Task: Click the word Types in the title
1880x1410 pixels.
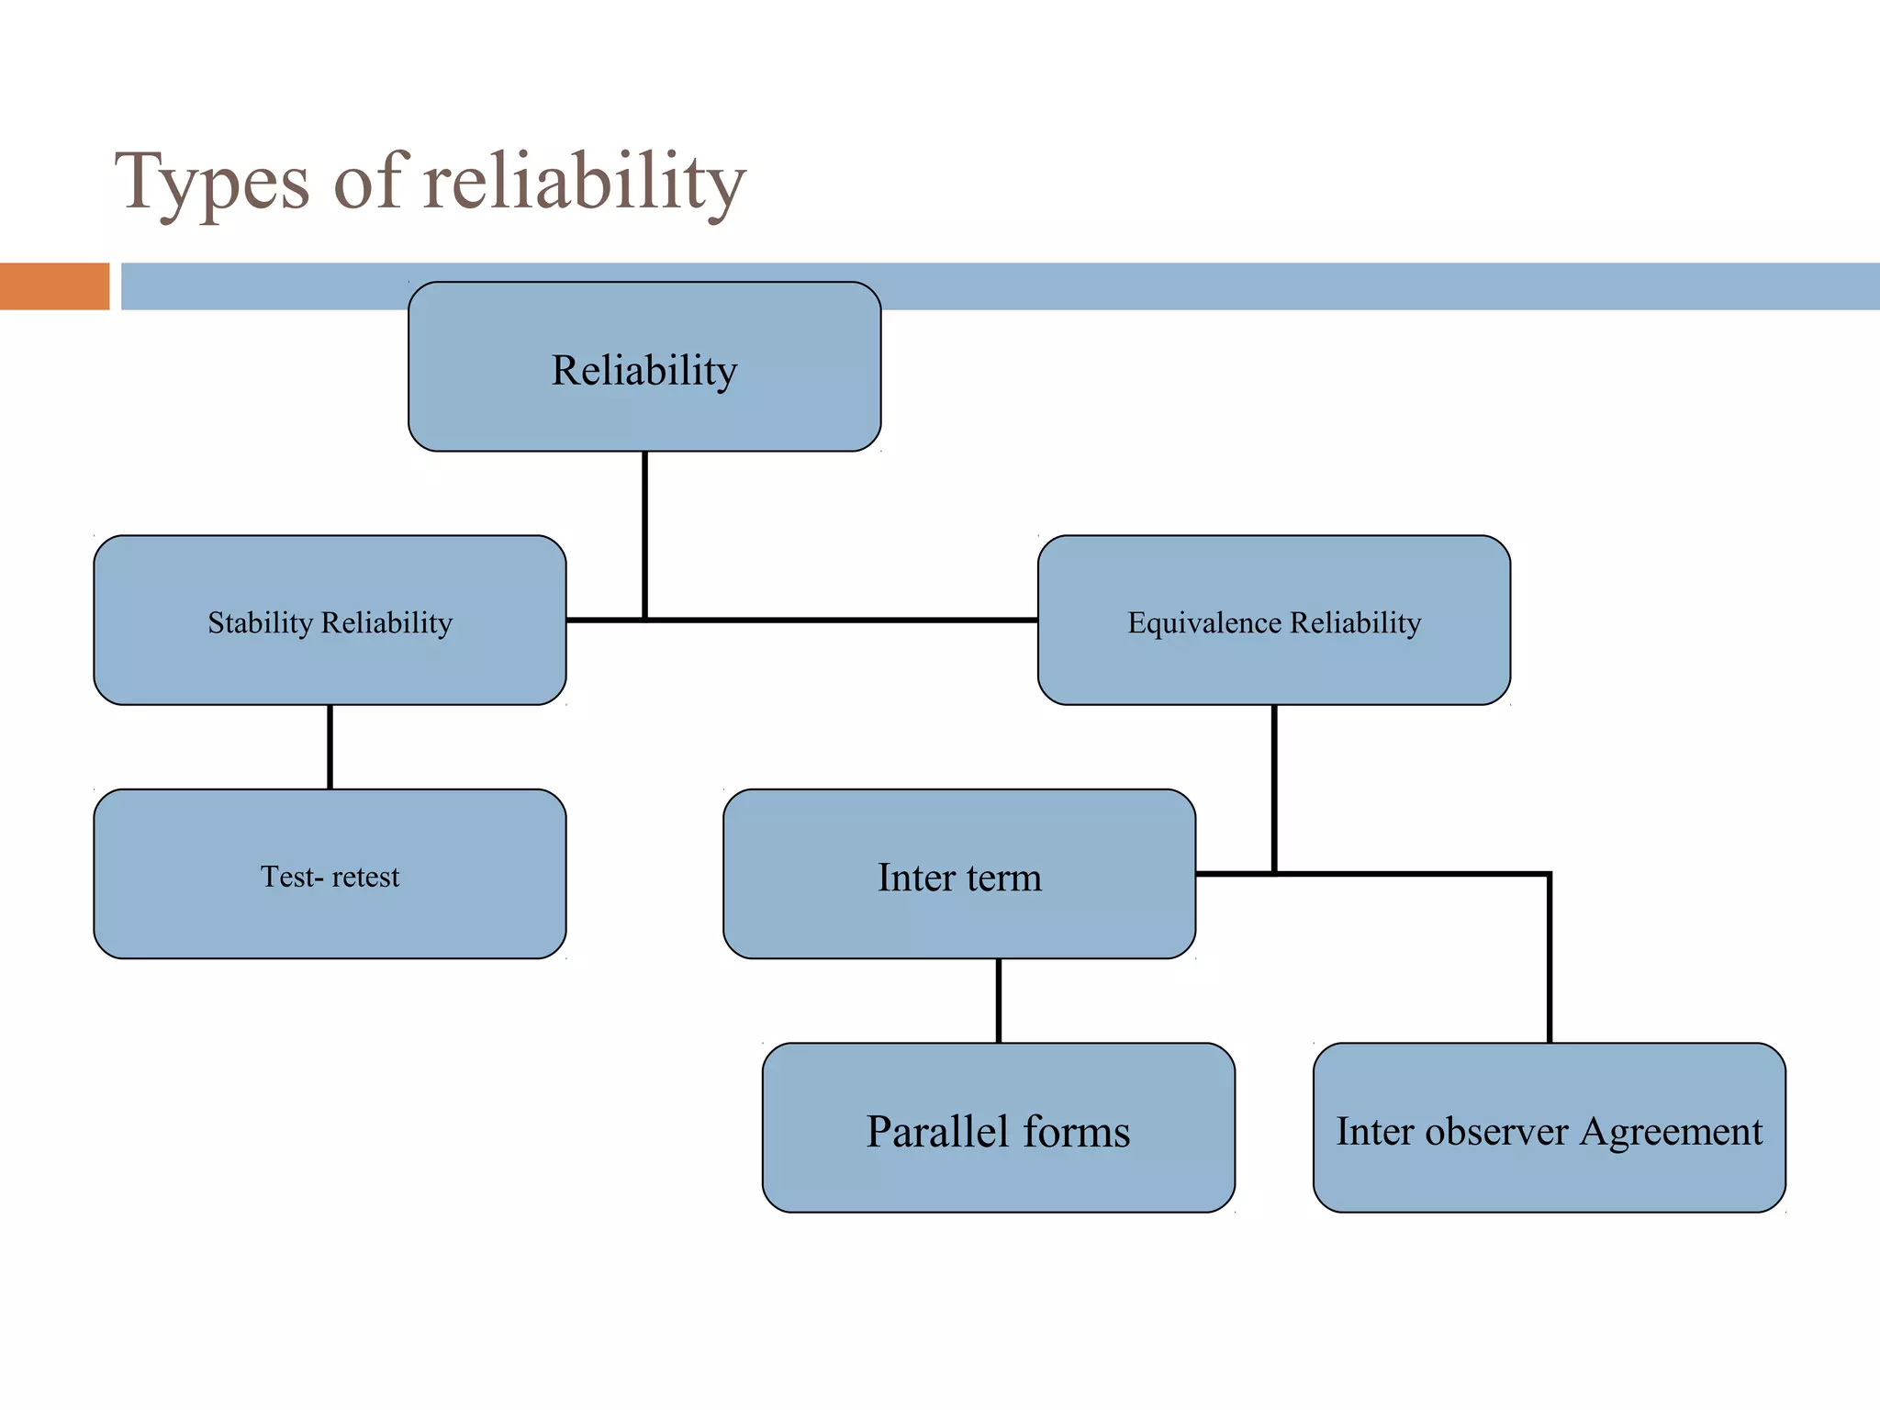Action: point(212,182)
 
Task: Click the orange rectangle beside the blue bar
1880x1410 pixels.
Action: point(54,286)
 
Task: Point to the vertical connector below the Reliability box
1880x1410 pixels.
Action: point(645,532)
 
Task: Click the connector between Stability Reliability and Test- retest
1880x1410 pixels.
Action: point(330,746)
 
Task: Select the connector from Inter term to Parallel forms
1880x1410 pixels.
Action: point(999,1001)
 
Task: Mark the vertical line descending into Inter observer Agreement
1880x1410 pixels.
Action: point(1550,959)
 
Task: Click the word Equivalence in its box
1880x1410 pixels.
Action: point(1204,622)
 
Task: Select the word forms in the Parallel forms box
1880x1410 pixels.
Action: point(1076,1131)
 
